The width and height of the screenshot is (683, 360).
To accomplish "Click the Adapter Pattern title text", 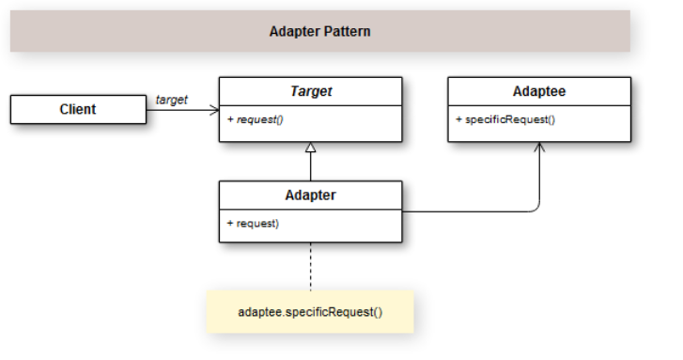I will (319, 31).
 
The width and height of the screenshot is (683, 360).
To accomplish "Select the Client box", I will (78, 109).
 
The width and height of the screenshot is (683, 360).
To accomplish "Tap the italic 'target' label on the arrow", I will (172, 99).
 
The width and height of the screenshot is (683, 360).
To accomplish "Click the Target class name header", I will (310, 92).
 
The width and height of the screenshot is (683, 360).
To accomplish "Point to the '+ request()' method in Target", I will (258, 119).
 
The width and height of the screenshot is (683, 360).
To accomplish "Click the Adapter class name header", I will (310, 196).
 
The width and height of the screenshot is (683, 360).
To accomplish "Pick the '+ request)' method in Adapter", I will (253, 223).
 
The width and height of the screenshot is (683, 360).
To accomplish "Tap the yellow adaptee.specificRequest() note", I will (309, 311).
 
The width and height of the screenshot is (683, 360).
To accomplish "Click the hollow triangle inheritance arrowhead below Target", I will (311, 148).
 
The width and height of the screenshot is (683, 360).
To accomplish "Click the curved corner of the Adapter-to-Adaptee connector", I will (536, 208).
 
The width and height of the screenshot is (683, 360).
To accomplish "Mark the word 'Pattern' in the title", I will (347, 31).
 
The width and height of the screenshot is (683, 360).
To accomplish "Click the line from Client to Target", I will (179, 110).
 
